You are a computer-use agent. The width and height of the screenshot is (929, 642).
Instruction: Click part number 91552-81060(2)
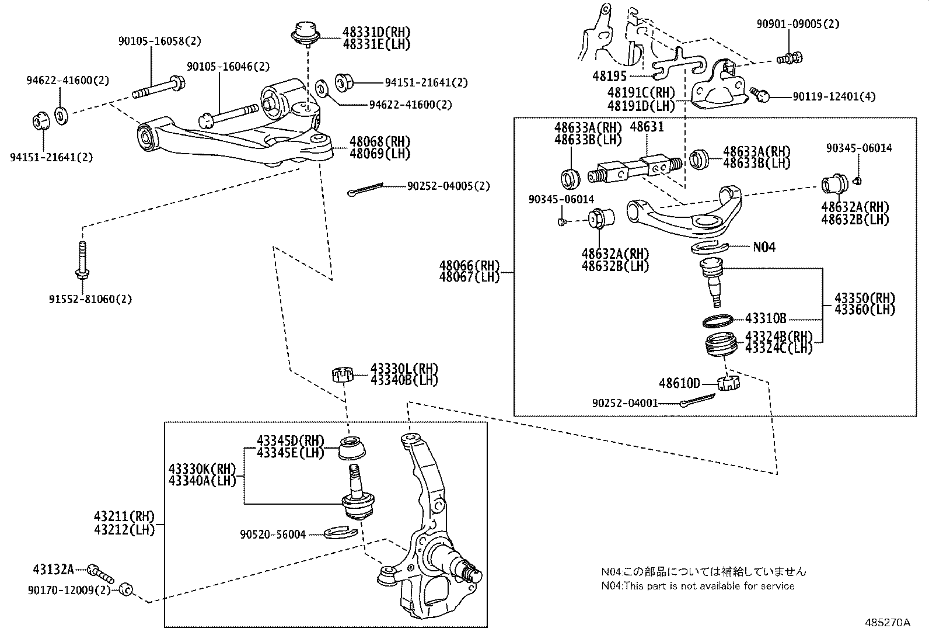[x=90, y=300]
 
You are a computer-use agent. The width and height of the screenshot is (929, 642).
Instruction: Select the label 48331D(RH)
[x=376, y=32]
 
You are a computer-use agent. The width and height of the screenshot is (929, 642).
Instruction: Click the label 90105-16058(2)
[x=159, y=41]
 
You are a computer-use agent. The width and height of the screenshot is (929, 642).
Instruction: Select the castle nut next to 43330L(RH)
[x=343, y=374]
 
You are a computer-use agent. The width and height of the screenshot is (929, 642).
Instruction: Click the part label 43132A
[x=53, y=568]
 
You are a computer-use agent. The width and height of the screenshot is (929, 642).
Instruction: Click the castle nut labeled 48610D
[x=728, y=384]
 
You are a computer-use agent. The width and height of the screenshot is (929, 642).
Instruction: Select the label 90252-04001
[x=625, y=403]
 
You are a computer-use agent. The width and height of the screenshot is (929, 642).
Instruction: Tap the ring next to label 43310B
[x=717, y=320]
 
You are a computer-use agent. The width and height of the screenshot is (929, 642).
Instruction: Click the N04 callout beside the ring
[x=764, y=247]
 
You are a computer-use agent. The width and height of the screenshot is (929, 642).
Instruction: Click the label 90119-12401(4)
[x=834, y=96]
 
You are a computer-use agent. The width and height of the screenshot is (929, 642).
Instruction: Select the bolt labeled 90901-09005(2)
[x=790, y=58]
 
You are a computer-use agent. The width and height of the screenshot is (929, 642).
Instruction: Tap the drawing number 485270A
[x=888, y=622]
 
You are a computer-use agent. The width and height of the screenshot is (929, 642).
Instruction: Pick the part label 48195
[x=609, y=76]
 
